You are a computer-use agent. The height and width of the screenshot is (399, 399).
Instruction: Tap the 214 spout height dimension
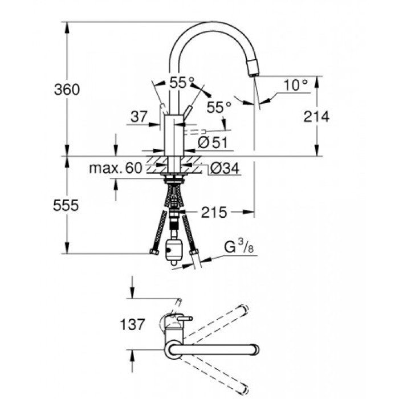[x=316, y=117]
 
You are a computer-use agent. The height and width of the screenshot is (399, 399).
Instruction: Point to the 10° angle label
[x=295, y=85]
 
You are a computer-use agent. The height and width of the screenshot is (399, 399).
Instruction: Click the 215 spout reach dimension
[x=214, y=213]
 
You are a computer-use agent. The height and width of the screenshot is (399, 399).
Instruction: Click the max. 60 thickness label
[x=115, y=168]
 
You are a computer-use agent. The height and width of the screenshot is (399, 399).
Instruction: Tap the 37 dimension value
[x=139, y=117]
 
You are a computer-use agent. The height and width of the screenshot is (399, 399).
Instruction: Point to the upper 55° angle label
[x=182, y=83]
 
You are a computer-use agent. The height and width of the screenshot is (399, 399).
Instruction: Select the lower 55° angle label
[x=219, y=107]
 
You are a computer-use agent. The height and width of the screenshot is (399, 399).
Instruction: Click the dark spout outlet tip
[x=253, y=71]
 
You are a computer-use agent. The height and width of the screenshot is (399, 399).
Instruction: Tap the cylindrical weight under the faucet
[x=173, y=251]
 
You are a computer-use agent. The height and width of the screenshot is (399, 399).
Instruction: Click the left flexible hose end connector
[x=153, y=252]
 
